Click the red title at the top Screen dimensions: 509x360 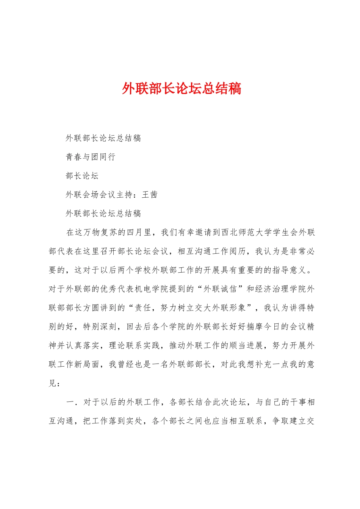pos(182,89)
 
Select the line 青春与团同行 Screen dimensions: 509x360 pos(91,157)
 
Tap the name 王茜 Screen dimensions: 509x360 pos(150,195)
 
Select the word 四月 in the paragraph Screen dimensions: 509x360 pos(135,232)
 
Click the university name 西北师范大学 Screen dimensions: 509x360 pos(247,232)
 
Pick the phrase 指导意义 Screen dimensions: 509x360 pos(289,270)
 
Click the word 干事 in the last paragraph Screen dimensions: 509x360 pos(297,402)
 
